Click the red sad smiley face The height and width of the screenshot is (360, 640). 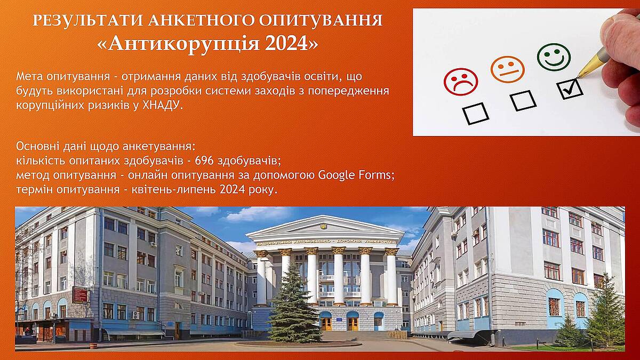coord(461,82)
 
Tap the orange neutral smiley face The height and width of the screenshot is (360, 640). coord(508,69)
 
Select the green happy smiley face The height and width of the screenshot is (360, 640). coord(554,57)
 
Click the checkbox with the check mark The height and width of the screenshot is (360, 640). coord(570,89)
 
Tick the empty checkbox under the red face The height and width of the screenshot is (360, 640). coord(475,114)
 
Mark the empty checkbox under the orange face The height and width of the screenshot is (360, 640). coord(523,100)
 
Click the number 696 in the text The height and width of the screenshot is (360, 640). coord(204,161)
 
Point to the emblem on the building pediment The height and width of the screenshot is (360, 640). coord(324,226)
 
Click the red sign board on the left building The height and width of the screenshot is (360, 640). coord(81,295)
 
